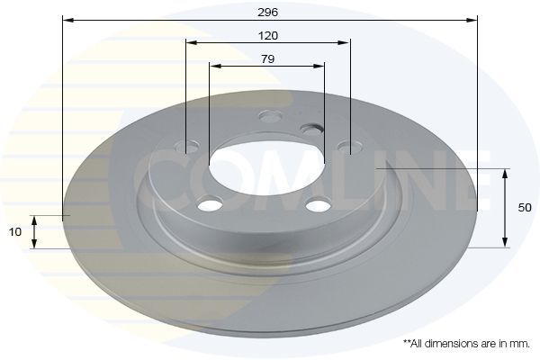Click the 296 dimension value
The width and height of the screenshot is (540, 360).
(267, 13)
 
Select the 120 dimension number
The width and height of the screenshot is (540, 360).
(268, 35)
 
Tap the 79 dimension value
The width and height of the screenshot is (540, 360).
(267, 59)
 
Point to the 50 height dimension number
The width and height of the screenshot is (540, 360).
(525, 208)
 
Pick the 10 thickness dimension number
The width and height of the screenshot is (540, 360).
(14, 232)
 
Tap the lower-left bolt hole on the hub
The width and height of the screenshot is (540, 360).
(210, 204)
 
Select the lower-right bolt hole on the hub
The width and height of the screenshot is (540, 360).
(319, 204)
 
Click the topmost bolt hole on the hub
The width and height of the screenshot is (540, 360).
(270, 116)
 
